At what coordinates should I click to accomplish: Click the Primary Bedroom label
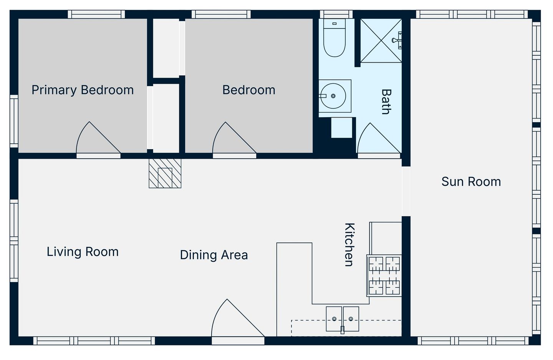[83, 90]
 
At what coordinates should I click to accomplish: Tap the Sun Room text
[471, 182]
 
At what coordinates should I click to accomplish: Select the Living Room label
[83, 252]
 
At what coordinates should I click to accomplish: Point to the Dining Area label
[214, 255]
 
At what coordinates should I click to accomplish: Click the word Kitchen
[349, 245]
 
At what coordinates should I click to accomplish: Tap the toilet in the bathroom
[334, 38]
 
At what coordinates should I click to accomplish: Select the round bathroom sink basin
[333, 96]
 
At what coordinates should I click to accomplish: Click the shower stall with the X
[381, 40]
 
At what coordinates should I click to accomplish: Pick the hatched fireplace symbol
[165, 173]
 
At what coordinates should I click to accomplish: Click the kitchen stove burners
[384, 275]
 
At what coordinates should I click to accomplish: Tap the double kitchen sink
[343, 319]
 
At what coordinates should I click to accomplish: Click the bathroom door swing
[379, 138]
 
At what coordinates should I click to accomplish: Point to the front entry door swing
[238, 318]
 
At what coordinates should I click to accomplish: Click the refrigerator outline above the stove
[386, 239]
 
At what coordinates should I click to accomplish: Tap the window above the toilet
[336, 14]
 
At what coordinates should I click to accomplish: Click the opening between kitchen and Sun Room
[406, 191]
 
